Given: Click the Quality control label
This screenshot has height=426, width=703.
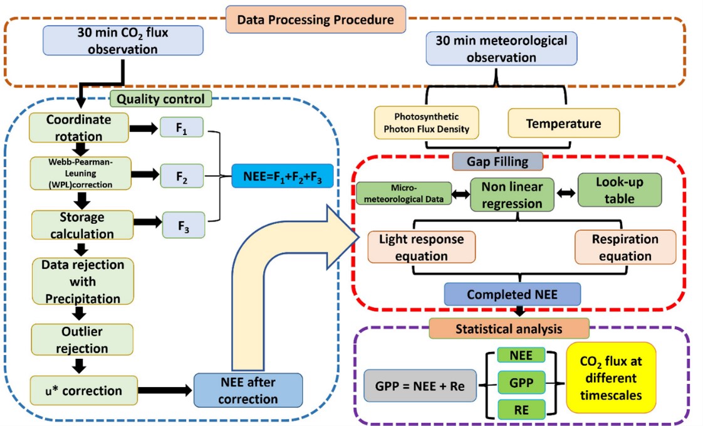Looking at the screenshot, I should coord(160,99).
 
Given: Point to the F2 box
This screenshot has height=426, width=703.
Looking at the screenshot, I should coord(182,177).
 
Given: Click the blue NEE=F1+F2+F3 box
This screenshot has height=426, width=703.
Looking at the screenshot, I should coord(281,176).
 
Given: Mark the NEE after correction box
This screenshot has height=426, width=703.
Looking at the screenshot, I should coord(247,390).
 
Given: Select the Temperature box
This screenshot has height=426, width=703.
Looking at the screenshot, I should coord(563,124).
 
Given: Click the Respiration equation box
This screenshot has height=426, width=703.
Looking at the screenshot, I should coord(625,247).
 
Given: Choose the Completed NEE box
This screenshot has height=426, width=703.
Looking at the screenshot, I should coord(513,294).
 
